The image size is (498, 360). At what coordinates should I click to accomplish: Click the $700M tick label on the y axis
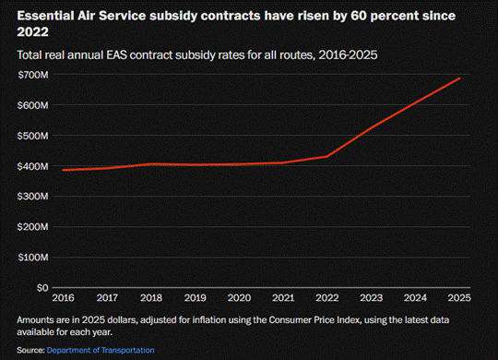(33, 75)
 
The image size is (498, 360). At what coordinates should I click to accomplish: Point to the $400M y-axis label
(33, 166)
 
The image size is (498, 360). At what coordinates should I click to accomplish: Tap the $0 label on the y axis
(42, 288)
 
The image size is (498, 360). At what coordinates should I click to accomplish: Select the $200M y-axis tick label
(33, 227)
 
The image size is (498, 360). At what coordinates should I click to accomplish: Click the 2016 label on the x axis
(64, 298)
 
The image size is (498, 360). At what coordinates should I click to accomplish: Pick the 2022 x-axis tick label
(327, 298)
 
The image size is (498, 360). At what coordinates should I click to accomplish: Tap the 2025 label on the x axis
(459, 298)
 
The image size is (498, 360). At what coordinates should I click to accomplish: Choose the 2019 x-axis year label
(196, 298)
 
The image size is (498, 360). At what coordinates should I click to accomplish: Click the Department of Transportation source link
(101, 350)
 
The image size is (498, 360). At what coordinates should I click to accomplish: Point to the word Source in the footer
(30, 350)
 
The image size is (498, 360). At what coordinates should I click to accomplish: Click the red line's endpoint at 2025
(459, 78)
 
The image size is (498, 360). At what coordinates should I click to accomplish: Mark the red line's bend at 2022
(327, 156)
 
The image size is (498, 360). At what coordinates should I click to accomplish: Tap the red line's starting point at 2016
(64, 170)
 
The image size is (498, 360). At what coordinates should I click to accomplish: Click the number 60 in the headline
(359, 16)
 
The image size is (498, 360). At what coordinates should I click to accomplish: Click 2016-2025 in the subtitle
(348, 55)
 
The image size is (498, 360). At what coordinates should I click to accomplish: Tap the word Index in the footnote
(350, 320)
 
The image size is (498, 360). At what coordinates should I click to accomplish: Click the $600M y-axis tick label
(33, 105)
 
